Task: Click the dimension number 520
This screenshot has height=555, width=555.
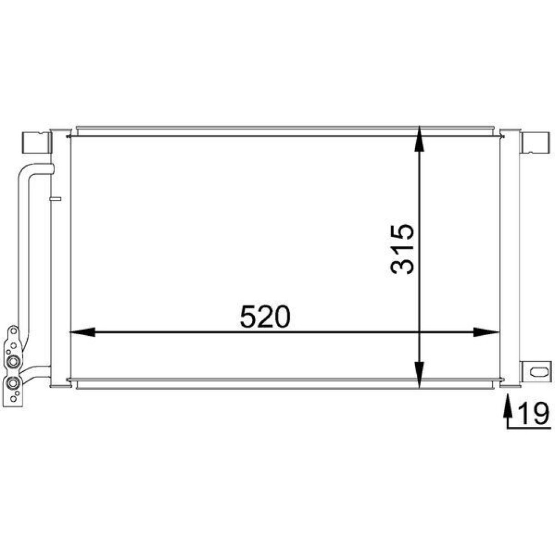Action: click(x=265, y=316)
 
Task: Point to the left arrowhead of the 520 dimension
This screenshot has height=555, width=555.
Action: click(x=82, y=332)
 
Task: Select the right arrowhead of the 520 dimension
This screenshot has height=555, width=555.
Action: click(x=486, y=332)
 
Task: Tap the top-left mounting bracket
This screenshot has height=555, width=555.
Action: click(x=35, y=143)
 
